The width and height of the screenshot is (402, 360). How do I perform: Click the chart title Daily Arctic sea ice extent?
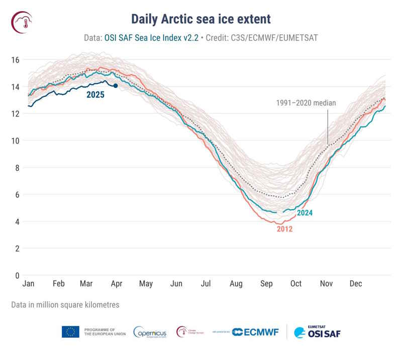[201, 19]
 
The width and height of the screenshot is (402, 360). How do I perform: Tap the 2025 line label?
[95, 94]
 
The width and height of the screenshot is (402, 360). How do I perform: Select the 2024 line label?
[305, 213]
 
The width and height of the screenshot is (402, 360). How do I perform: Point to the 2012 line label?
[284, 229]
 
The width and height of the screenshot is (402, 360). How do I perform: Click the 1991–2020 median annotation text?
[306, 103]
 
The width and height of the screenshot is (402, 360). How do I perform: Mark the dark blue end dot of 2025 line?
[116, 86]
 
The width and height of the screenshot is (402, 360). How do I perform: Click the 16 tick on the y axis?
[15, 60]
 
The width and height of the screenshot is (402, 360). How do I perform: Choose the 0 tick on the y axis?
[17, 276]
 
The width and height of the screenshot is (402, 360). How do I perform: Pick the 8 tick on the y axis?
[17, 168]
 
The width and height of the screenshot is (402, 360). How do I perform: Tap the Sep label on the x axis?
[266, 284]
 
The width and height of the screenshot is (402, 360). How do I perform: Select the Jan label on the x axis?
[29, 284]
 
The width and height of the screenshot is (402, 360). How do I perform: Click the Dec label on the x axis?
[356, 284]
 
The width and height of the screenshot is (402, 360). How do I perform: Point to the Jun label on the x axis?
[176, 284]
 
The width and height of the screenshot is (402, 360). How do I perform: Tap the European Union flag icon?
[70, 332]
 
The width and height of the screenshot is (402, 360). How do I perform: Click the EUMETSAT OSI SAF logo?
[317, 332]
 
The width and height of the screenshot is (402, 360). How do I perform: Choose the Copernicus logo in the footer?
[150, 332]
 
